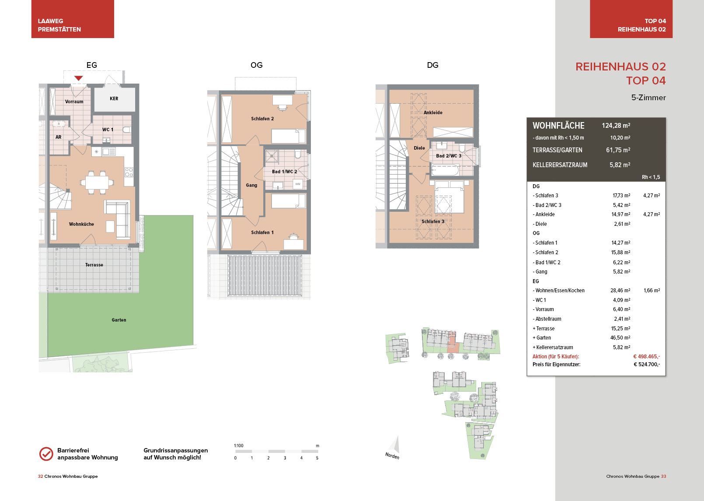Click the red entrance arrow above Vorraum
coord(79,78)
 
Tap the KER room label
coord(114,98)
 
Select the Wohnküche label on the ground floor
coord(81,224)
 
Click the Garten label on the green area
coord(119,320)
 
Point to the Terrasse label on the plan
coord(94,265)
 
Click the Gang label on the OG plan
coord(251,185)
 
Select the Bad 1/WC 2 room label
coord(284,172)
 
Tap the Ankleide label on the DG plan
coord(433,112)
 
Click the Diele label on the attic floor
coord(419,148)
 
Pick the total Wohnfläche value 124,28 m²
coord(616,126)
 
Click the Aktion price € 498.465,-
coord(646,356)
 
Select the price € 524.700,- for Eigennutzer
coord(647,364)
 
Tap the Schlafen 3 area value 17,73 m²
coord(621,195)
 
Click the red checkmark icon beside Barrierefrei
coord(46,454)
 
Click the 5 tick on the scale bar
coord(317,458)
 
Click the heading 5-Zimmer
coord(648,98)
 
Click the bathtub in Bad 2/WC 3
coord(445,170)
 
